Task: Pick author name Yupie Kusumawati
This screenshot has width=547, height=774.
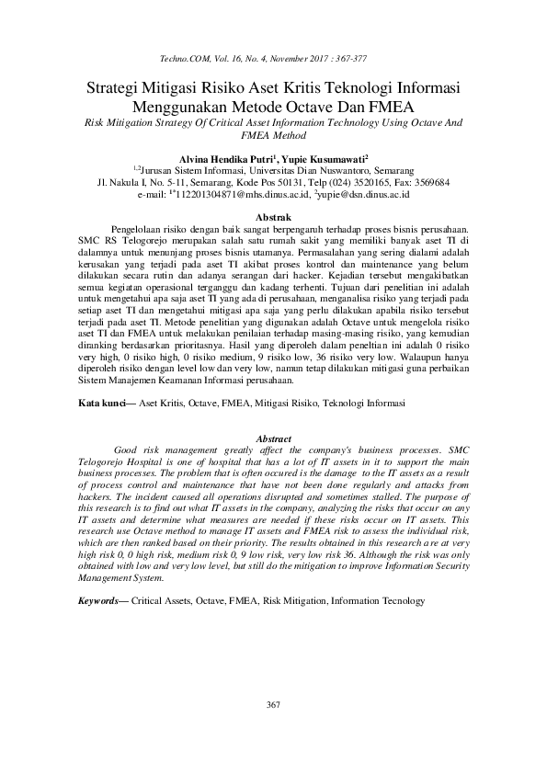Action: pos(320,158)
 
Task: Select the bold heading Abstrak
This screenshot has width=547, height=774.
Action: pos(272,215)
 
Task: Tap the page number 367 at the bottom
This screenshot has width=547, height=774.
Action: pos(272,705)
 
